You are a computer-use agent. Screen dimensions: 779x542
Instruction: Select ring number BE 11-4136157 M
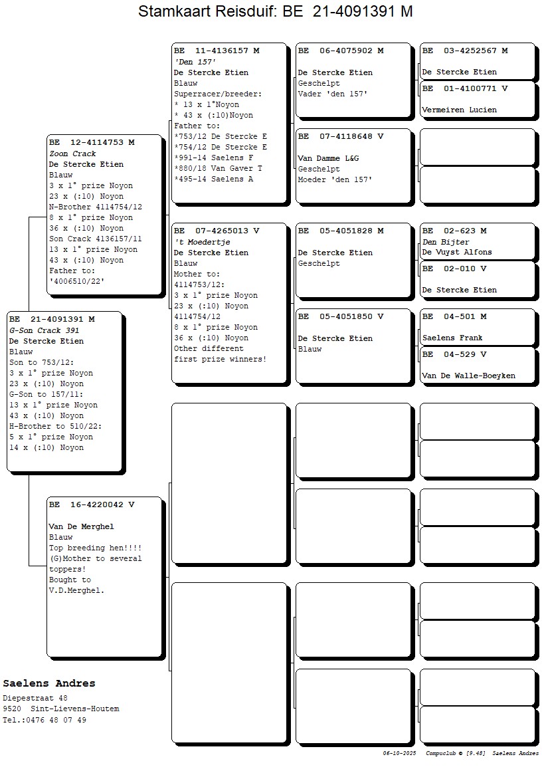point(217,51)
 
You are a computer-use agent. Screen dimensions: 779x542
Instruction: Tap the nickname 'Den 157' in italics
point(196,62)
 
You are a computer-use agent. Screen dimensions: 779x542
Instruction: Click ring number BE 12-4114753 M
point(92,142)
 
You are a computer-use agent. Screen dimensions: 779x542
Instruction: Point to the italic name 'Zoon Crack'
point(72,154)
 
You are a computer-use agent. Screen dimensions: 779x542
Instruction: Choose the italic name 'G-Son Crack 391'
point(45,330)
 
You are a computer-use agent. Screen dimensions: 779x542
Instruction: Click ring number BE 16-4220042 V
point(92,504)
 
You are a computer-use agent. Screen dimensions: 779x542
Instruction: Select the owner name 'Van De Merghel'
point(81,526)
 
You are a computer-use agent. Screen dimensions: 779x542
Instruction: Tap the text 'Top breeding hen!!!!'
point(95,548)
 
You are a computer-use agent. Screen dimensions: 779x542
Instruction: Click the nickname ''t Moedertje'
point(202,242)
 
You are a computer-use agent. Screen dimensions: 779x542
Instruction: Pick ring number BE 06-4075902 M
point(341,51)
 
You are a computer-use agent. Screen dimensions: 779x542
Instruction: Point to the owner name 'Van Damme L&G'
point(328,158)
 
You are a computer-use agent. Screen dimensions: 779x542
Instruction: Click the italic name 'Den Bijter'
point(446,242)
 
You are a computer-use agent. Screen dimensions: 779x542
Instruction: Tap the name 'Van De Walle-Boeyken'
point(468,376)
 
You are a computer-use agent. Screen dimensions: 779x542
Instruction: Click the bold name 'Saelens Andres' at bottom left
point(49,683)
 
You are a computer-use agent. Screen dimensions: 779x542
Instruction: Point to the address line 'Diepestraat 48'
point(35,698)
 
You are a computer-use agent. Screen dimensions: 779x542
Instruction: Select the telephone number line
point(45,720)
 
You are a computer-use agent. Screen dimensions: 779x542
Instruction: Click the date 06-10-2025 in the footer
point(399,753)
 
